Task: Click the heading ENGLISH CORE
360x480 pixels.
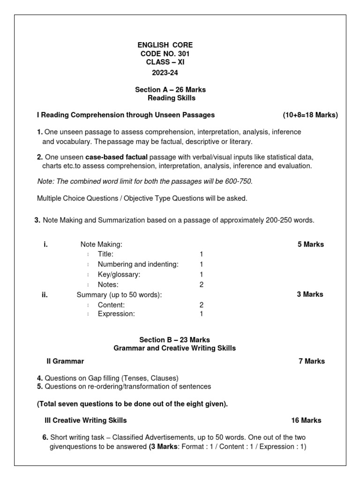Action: (165, 45)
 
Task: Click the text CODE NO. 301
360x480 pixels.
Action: (165, 54)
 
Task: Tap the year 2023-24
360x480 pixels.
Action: (165, 73)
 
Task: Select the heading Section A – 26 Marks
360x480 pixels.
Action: (170, 90)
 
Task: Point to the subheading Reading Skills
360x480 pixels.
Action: (172, 98)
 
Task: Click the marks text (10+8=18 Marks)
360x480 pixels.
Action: (310, 115)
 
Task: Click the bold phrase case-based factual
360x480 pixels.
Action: (116, 157)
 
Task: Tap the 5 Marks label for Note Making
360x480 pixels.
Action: (310, 244)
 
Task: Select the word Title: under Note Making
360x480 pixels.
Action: (105, 254)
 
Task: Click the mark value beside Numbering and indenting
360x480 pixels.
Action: (202, 264)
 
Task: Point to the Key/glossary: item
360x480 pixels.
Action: (119, 274)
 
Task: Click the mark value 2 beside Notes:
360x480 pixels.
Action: (202, 285)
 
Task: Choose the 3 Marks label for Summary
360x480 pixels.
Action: (310, 294)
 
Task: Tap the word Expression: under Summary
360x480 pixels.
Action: (116, 314)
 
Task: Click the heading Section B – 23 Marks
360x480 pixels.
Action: (174, 339)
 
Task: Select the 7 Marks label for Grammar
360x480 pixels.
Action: (311, 361)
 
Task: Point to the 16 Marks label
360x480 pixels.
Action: (306, 420)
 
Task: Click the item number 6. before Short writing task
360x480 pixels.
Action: (45, 437)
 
